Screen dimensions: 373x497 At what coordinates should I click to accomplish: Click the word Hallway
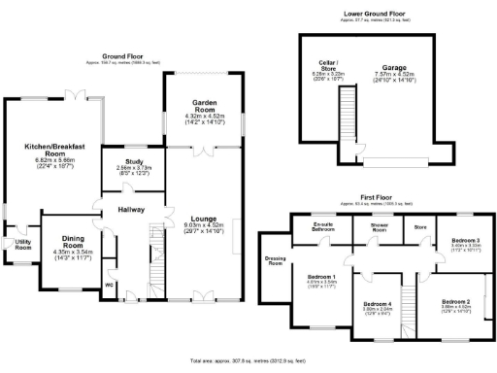[131, 209]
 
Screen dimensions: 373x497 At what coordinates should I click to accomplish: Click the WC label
[108, 285]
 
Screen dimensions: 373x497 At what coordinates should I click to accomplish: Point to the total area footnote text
[248, 359]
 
